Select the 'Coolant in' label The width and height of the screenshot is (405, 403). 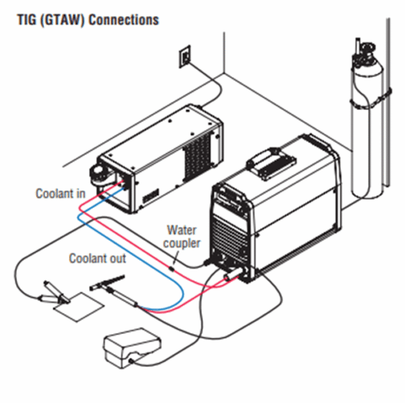point(60,194)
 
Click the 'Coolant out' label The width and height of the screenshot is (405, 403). point(97,258)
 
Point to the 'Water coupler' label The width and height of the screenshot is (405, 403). point(183,236)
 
